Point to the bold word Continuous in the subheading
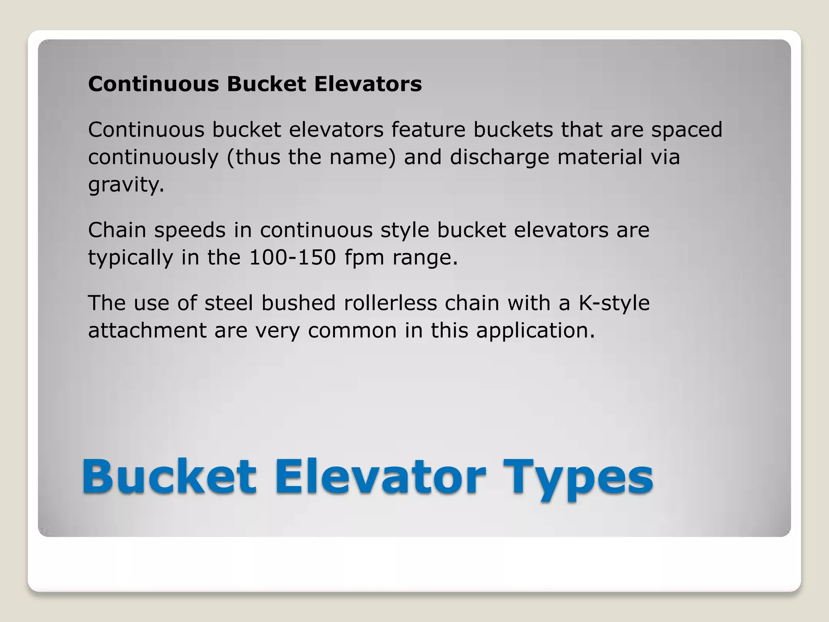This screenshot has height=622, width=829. click(x=153, y=84)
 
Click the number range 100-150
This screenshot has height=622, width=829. click(x=292, y=257)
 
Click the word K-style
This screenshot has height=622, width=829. click(x=614, y=303)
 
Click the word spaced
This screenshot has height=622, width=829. click(x=687, y=130)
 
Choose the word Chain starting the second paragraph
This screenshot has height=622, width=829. click(x=117, y=230)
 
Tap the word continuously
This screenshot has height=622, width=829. click(x=153, y=157)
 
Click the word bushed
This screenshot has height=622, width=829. click(x=298, y=303)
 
